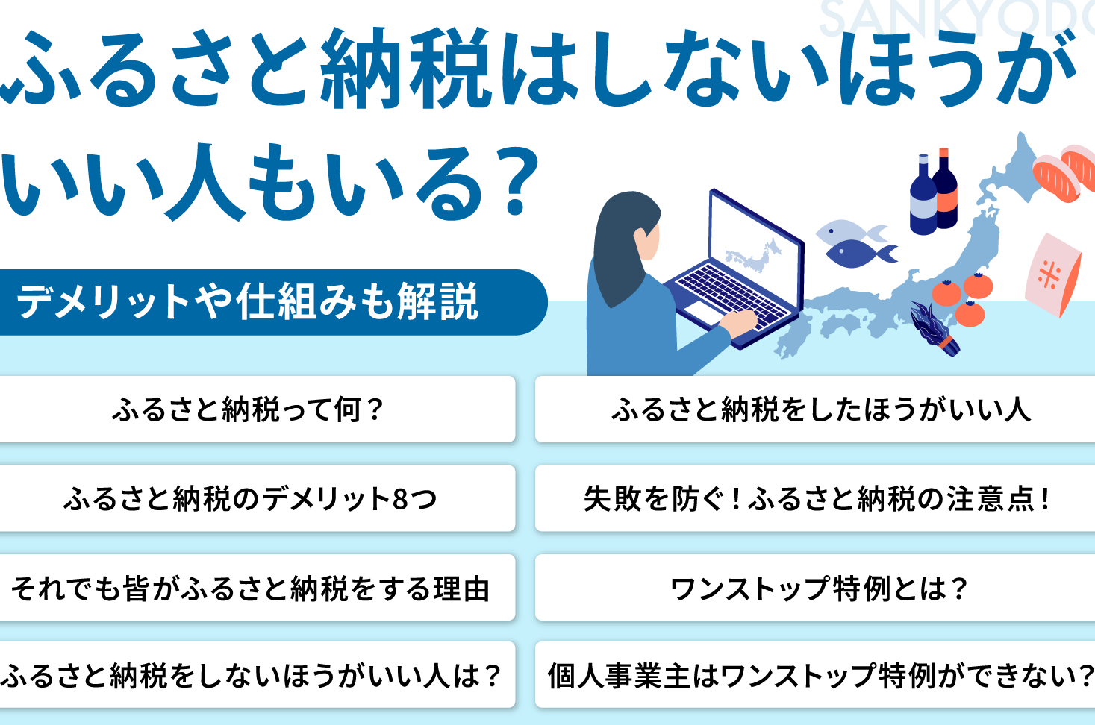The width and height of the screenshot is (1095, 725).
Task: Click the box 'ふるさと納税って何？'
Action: click(257, 409)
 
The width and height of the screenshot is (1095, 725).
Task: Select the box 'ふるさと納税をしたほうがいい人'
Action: click(815, 409)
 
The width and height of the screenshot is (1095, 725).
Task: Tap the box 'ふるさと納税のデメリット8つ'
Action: click(257, 498)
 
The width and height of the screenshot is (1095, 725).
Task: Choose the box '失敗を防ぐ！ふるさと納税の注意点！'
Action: click(815, 498)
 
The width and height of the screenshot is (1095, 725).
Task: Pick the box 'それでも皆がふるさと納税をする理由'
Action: click(257, 587)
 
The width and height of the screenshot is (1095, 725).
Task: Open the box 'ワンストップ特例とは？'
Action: click(815, 587)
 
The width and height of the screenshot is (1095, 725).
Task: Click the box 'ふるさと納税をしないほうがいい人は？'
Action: click(257, 675)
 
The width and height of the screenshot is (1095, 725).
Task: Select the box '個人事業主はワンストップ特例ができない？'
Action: click(815, 675)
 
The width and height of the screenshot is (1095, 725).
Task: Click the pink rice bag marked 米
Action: click(1052, 274)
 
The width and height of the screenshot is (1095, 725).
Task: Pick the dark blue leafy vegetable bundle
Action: click(934, 327)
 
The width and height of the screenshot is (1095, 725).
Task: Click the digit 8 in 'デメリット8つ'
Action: click(400, 499)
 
